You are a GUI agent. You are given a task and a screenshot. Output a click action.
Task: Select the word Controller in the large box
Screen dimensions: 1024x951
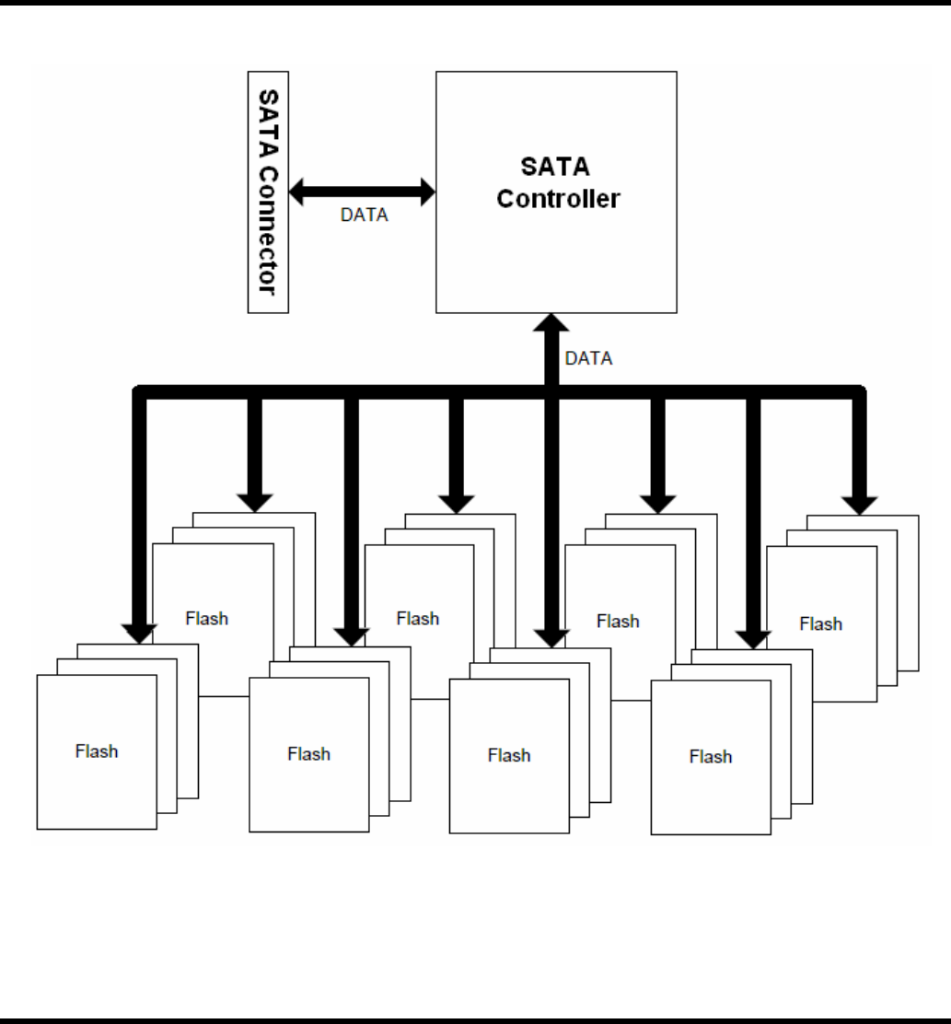pyautogui.click(x=558, y=198)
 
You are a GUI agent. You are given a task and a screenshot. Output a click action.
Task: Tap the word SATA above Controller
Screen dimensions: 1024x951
pyautogui.click(x=556, y=168)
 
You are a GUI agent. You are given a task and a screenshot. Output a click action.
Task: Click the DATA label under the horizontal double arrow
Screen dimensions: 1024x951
pyautogui.click(x=365, y=216)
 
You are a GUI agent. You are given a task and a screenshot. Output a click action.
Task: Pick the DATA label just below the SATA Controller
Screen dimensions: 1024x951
pyautogui.click(x=588, y=358)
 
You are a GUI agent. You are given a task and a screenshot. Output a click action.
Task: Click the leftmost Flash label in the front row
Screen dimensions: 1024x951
pyautogui.click(x=97, y=751)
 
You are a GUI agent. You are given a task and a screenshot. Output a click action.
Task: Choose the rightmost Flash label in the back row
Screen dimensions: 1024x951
pyautogui.click(x=820, y=624)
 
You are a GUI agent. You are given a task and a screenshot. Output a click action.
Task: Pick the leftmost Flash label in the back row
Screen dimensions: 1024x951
pyautogui.click(x=206, y=618)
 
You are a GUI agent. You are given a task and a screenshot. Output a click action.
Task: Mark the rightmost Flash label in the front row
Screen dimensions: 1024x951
pyautogui.click(x=711, y=757)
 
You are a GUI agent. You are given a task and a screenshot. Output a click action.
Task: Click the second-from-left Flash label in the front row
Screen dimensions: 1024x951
pyautogui.click(x=308, y=753)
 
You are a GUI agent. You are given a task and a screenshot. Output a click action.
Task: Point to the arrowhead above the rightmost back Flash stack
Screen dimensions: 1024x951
pyautogui.click(x=860, y=502)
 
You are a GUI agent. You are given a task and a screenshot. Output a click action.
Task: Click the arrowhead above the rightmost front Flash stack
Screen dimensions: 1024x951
pyautogui.click(x=753, y=637)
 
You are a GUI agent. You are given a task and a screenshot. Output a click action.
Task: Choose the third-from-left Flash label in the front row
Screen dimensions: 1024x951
pyautogui.click(x=509, y=755)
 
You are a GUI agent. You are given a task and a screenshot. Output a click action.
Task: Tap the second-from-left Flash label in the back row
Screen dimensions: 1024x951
pyautogui.click(x=418, y=618)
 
